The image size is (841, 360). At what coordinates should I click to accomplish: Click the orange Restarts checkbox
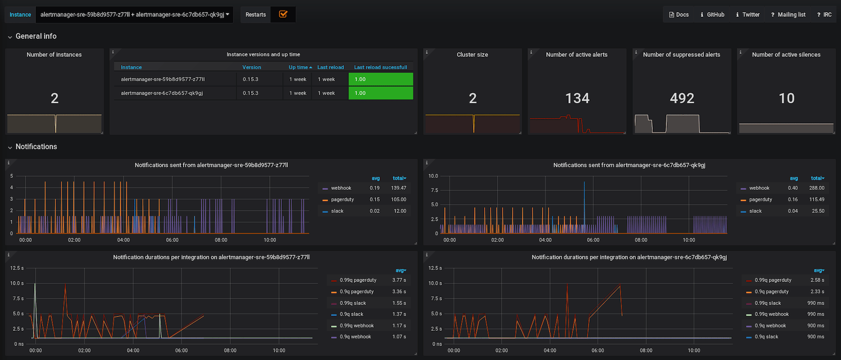tap(283, 15)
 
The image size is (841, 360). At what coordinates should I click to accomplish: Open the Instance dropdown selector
tap(135, 15)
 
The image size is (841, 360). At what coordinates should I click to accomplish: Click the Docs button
tap(679, 15)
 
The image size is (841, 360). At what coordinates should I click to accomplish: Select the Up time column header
tap(299, 67)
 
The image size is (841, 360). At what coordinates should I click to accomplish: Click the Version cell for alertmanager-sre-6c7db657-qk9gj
tap(251, 93)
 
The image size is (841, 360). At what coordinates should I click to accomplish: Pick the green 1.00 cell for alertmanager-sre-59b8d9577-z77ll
tap(380, 79)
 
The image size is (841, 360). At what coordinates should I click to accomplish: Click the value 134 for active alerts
tap(577, 98)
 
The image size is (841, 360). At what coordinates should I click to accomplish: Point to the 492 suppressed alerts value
tap(682, 98)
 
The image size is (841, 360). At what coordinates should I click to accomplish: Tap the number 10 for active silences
tap(786, 98)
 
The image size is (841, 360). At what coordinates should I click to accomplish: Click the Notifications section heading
tap(36, 147)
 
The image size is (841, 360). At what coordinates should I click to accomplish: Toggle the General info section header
tap(36, 36)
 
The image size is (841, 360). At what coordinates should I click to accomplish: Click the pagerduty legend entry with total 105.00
tap(342, 199)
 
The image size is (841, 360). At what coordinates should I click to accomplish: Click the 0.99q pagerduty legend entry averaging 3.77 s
tap(358, 280)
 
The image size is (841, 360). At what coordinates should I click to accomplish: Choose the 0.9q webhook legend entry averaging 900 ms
tap(770, 325)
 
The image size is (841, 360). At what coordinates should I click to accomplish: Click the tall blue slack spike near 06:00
tap(584, 200)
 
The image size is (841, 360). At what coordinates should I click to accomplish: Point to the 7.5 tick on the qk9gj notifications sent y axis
tap(433, 190)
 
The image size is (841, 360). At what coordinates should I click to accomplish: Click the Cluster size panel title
tap(472, 55)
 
